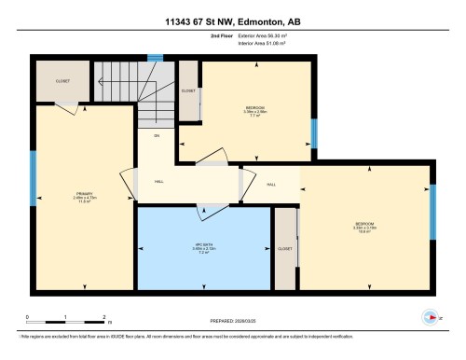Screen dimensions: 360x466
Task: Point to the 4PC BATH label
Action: (203, 246)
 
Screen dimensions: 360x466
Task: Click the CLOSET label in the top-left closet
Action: (62, 80)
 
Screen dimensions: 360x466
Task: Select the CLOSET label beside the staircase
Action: (188, 91)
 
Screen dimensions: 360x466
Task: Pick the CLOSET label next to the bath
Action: (285, 249)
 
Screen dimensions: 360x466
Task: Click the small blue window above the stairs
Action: (155, 58)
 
